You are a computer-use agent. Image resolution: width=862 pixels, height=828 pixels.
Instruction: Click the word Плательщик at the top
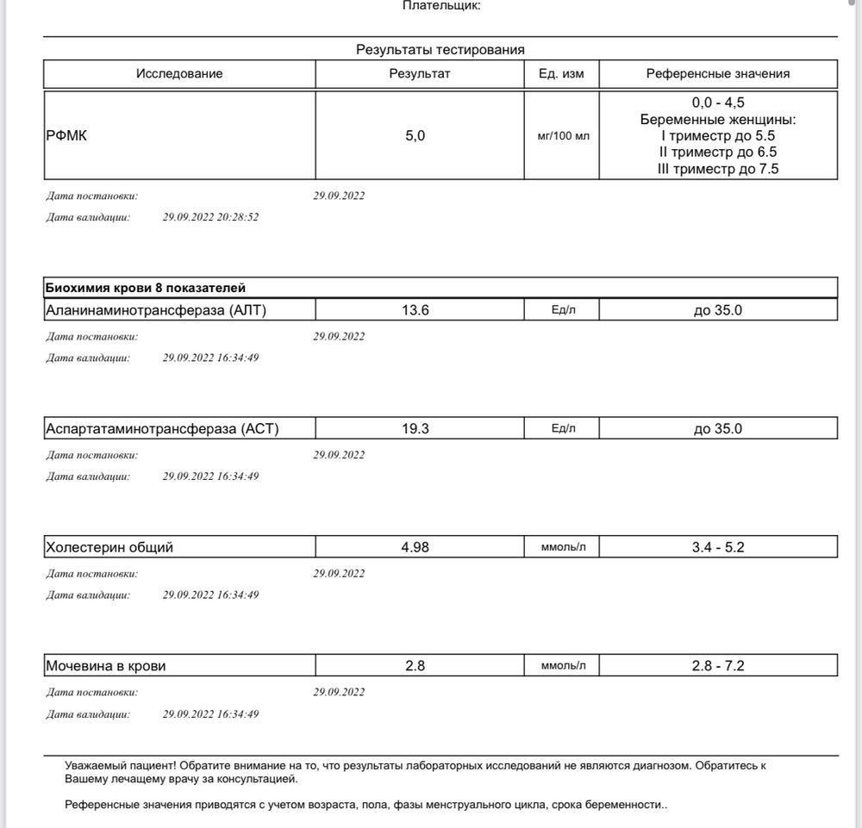[x=441, y=6]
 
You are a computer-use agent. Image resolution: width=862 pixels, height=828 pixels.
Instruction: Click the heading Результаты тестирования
[x=440, y=50]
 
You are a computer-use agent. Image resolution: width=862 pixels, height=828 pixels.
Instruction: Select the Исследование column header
[x=179, y=74]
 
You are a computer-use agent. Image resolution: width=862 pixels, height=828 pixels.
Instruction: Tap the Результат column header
[x=420, y=74]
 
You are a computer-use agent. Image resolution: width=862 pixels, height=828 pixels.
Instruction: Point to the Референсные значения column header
[x=718, y=74]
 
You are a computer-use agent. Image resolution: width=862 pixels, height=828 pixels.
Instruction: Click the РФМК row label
[x=66, y=136]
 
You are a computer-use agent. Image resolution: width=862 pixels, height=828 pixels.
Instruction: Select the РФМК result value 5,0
[x=415, y=136]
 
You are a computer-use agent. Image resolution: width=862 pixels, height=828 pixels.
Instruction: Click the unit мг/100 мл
[x=563, y=136]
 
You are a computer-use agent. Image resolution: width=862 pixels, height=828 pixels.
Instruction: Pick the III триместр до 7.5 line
[x=718, y=170]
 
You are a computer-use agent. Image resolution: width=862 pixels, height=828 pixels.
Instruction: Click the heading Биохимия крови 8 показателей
[x=147, y=288]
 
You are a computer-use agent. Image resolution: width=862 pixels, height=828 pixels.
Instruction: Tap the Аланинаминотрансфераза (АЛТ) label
[x=155, y=310]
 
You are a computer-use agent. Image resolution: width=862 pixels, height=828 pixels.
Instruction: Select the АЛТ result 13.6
[x=415, y=310]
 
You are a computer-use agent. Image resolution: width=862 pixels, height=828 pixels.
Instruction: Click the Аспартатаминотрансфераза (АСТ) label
[x=162, y=428]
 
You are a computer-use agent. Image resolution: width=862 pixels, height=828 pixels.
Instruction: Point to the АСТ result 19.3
[x=415, y=428]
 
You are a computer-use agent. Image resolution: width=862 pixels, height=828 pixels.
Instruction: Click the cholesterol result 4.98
[x=415, y=547]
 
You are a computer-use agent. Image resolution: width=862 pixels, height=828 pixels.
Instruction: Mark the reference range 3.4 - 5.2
[x=718, y=547]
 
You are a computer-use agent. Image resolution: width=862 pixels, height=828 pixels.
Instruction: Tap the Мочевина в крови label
[x=105, y=666]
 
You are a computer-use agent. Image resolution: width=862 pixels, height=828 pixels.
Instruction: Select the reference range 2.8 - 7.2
[x=718, y=666]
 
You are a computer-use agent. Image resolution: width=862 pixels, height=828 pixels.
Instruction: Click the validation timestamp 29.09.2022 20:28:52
[x=210, y=218]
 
